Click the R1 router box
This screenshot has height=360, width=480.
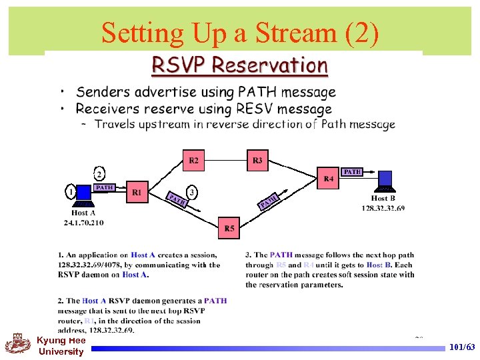click(137, 193)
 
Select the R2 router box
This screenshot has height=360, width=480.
click(193, 160)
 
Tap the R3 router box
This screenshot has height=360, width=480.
click(257, 160)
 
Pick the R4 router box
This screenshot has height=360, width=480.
click(329, 179)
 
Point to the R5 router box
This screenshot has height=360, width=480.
click(229, 228)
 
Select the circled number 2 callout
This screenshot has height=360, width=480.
click(99, 174)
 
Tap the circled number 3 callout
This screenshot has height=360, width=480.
click(193, 192)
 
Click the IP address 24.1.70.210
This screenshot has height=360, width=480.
click(84, 222)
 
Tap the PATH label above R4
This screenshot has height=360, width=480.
click(352, 172)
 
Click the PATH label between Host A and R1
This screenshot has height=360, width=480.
click(105, 188)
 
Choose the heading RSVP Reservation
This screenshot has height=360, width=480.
click(240, 65)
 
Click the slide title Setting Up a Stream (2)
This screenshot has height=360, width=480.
click(240, 32)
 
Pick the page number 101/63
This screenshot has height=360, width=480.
click(462, 347)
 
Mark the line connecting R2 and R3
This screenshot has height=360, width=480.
click(225, 160)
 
